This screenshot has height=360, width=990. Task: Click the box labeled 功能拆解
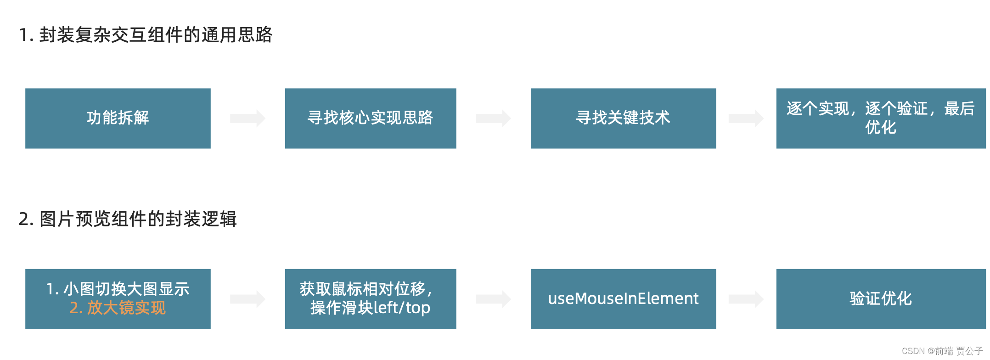pyautogui.click(x=118, y=118)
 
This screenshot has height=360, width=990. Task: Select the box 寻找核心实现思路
pyautogui.click(x=370, y=118)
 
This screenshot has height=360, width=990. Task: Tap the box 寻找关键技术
pyautogui.click(x=623, y=118)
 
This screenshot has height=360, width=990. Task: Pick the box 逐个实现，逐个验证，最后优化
pyautogui.click(x=881, y=118)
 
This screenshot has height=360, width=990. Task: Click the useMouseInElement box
pyautogui.click(x=623, y=299)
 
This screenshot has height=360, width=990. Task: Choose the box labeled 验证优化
pyautogui.click(x=881, y=299)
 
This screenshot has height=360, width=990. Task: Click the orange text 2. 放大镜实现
pyautogui.click(x=118, y=308)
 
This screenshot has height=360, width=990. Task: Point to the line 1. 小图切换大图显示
pyautogui.click(x=118, y=289)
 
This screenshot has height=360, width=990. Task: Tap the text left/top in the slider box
pyautogui.click(x=402, y=308)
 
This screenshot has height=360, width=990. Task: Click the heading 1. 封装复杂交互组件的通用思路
pyautogui.click(x=146, y=35)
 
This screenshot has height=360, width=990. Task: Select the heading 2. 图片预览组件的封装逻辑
pyautogui.click(x=128, y=219)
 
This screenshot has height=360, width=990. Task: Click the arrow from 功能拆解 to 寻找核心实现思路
pyautogui.click(x=247, y=118)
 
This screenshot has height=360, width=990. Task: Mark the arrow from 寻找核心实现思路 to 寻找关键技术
pyautogui.click(x=493, y=118)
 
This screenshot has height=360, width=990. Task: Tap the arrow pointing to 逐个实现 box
pyautogui.click(x=746, y=118)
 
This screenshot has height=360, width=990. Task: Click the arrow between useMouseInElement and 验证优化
pyautogui.click(x=746, y=299)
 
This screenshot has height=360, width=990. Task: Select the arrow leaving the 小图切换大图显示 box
pyautogui.click(x=247, y=299)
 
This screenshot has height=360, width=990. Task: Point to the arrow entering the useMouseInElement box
pyautogui.click(x=493, y=299)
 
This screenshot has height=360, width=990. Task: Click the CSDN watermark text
pyautogui.click(x=942, y=351)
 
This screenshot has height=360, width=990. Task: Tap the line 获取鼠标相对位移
pyautogui.click(x=366, y=289)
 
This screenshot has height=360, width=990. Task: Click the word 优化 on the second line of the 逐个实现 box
pyautogui.click(x=881, y=128)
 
